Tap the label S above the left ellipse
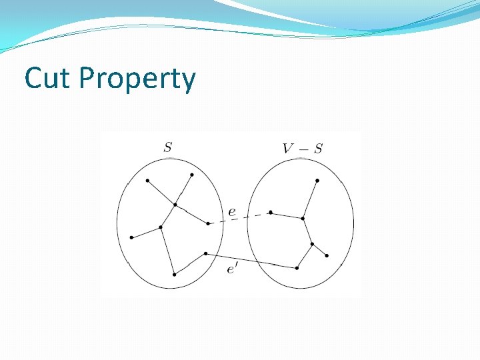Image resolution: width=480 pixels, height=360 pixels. coord(167,147)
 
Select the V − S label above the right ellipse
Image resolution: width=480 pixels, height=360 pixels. coord(302,148)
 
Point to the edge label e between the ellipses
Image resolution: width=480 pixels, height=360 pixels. coord(231,212)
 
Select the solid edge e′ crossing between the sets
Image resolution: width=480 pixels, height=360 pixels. coord(251,261)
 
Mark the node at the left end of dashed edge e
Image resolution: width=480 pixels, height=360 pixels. coord(208,223)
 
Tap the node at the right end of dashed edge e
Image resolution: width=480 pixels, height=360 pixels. coord(271,213)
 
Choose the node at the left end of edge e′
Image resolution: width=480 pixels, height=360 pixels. coord(205,253)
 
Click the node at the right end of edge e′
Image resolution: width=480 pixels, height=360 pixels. coord(297,268)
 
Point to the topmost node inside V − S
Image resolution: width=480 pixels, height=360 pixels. coord(317,181)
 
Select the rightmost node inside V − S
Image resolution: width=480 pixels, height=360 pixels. coord(327,256)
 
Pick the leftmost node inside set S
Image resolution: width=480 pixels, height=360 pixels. coord(131,237)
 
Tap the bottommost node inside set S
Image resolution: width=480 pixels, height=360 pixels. coord(174,274)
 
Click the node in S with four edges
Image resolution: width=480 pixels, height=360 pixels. coord(175,205)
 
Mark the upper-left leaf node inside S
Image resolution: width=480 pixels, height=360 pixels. coord(147,181)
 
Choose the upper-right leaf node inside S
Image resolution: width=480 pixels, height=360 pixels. coord(192,175)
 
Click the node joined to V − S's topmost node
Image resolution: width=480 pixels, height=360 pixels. coord(303,218)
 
